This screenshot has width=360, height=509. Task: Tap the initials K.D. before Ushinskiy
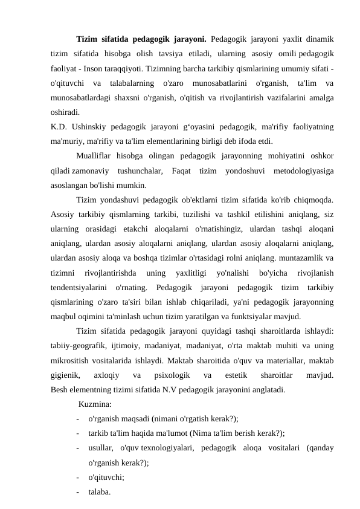59,127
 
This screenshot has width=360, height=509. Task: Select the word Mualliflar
97,157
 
